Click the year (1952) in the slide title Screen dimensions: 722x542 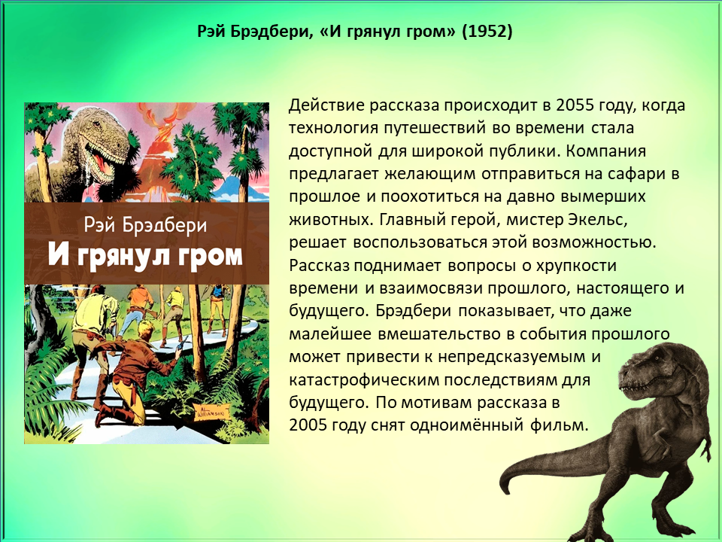pyautogui.click(x=487, y=31)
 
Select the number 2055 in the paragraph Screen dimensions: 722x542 pyautogui.click(x=575, y=105)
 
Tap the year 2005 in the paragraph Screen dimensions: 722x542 pyautogui.click(x=308, y=425)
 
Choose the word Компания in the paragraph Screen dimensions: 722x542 pyautogui.click(x=606, y=151)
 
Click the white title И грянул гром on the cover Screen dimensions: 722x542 pyautogui.click(x=145, y=256)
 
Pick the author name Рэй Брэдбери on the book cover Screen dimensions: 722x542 pyautogui.click(x=145, y=226)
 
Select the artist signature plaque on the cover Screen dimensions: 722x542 pyautogui.click(x=209, y=411)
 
